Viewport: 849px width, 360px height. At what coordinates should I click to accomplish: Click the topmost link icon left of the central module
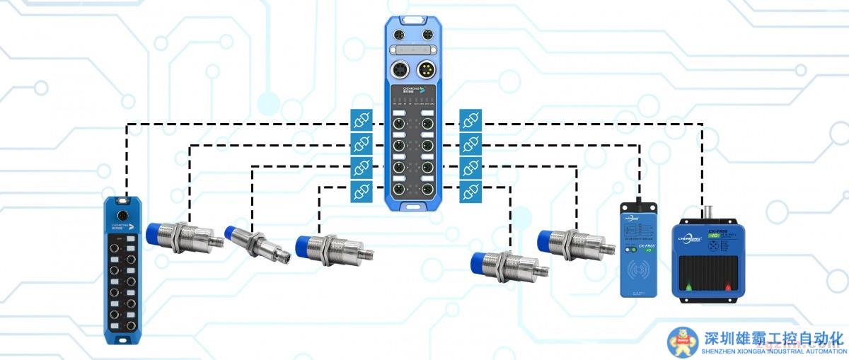click(361, 119)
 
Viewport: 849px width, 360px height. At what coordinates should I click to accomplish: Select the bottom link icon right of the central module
click(470, 191)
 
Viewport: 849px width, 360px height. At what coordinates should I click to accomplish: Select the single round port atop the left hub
click(123, 214)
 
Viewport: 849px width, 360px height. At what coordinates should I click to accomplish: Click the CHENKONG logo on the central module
click(411, 90)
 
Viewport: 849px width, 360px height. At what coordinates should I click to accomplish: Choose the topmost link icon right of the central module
click(470, 119)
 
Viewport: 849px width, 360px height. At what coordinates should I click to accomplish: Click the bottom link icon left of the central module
click(361, 191)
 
